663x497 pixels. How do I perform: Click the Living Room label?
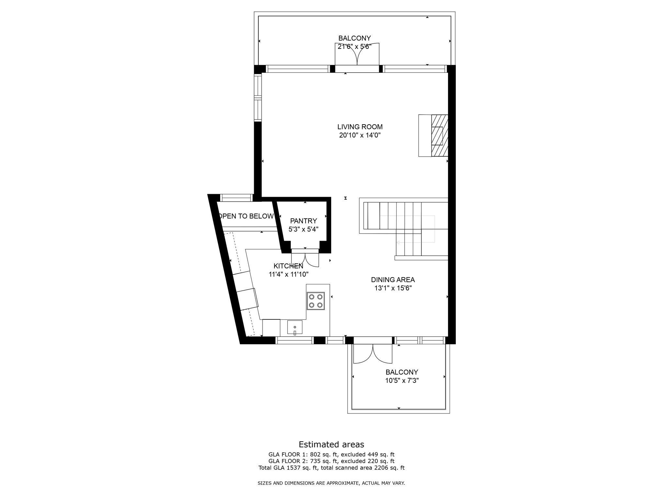pos(360,127)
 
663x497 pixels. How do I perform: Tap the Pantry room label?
pos(303,221)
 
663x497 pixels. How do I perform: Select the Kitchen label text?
pos(288,266)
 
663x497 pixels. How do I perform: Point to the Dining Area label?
pos(393,280)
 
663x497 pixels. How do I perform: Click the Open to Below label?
pos(246,216)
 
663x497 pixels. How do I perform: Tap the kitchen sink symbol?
pos(295,327)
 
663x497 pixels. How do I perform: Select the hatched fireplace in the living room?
pos(439,136)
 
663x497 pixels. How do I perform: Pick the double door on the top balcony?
pos(357,54)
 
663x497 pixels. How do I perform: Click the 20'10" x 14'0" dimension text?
pos(360,135)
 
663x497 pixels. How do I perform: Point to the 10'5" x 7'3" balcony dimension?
pos(402,381)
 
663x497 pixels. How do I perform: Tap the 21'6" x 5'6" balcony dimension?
pos(354,47)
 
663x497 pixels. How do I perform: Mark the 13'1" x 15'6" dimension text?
pos(393,288)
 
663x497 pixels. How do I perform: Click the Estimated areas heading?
pos(331,444)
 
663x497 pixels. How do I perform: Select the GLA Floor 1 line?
pos(331,454)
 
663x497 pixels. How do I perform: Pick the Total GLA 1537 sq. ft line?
pos(331,468)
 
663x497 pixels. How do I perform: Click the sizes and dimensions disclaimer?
pos(331,483)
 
